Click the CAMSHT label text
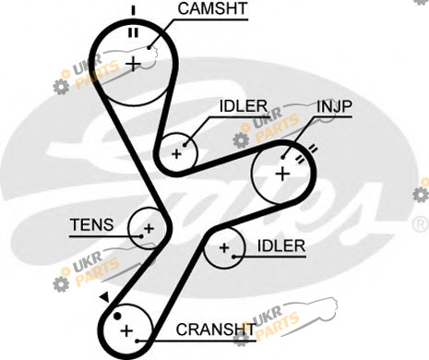212,8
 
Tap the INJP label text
334,106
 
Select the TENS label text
92,224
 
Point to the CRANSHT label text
216,330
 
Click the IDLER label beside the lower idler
281,246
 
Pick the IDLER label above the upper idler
244,106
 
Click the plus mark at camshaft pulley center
134,65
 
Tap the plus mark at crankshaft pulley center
126,331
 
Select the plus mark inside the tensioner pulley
149,229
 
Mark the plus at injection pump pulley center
282,174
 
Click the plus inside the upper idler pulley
176,154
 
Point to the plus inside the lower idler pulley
224,247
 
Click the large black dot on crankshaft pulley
117,316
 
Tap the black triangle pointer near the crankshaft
105,297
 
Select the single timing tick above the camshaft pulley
133,10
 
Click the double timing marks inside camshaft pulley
133,32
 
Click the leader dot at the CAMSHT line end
149,48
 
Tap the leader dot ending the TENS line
141,236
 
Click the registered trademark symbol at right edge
421,224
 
